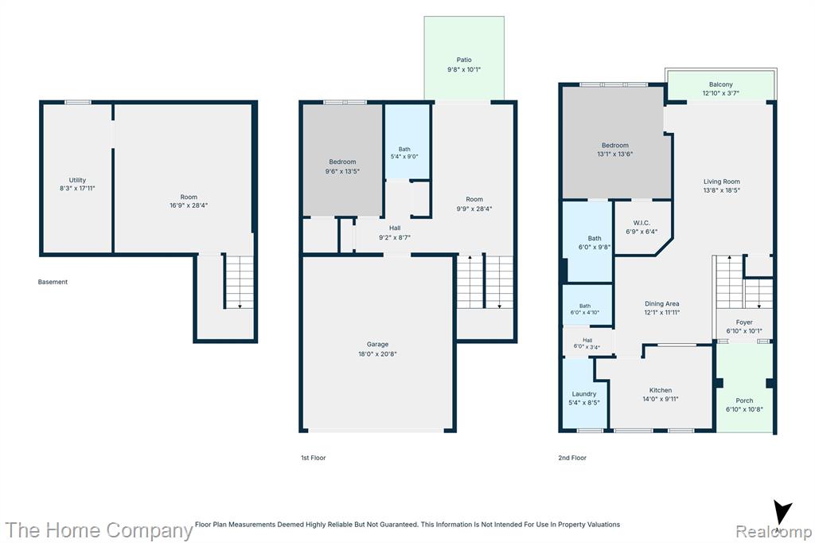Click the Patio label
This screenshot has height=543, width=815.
pos(464,60)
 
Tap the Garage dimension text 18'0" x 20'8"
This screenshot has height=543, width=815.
pos(377,354)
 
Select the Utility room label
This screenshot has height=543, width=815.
pos(77,180)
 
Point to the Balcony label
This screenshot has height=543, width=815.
pos(721,84)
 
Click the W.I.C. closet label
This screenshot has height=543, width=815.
pos(641,223)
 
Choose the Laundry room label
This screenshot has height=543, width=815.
pos(584,394)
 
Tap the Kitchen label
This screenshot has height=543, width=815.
pos(661,390)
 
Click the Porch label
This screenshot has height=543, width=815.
pos(744,400)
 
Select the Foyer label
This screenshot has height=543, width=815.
pos(744,322)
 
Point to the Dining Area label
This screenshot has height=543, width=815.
pos(661,304)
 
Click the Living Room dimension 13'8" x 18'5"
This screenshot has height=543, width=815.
pos(721,190)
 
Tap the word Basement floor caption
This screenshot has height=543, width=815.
pos(53,282)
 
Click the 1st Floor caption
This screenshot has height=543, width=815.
pos(314,458)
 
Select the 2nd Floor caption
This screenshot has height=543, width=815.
pos(572,458)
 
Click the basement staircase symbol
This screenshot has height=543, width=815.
pos(239,281)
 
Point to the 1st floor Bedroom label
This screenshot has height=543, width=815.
pos(342,162)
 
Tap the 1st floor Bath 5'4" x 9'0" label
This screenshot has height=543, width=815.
pos(404,153)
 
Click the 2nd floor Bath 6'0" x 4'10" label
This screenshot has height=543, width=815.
pos(585,310)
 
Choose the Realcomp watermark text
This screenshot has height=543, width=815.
pos(774,532)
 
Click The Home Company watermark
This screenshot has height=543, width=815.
pos(99,530)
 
